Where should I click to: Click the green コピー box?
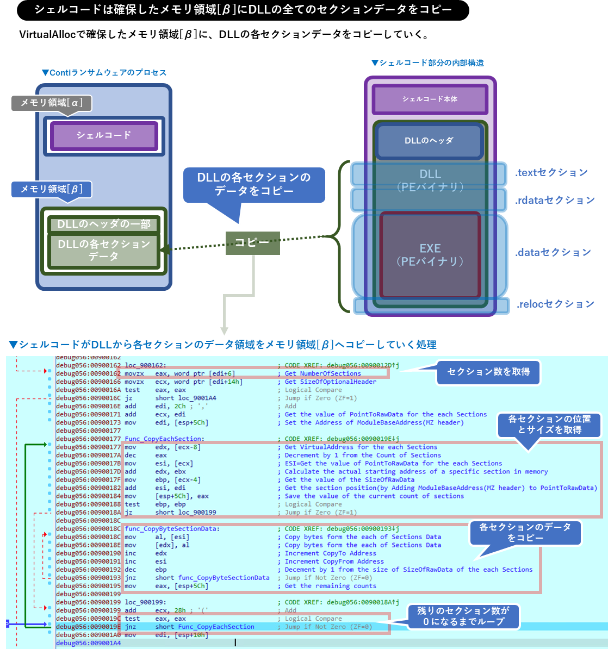click(x=252, y=242)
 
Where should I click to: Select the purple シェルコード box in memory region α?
click(x=104, y=135)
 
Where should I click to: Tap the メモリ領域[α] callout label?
click(x=51, y=103)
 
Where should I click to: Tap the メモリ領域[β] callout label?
click(x=51, y=189)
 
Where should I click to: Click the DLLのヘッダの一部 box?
click(x=104, y=224)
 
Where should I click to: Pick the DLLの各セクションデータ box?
click(x=104, y=251)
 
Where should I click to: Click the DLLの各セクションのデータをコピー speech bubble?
click(x=254, y=185)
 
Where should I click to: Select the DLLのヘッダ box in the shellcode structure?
click(x=429, y=141)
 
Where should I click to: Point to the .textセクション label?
click(x=551, y=173)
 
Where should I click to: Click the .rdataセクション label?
click(x=555, y=201)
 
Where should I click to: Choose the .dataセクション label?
click(x=553, y=252)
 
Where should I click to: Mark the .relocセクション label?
click(x=555, y=304)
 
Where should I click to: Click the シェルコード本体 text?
click(x=430, y=99)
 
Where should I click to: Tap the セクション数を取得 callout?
click(x=488, y=372)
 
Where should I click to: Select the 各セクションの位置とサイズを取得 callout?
click(x=549, y=425)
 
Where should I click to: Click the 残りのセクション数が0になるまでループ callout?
click(x=463, y=616)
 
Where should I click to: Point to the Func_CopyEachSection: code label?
click(x=164, y=439)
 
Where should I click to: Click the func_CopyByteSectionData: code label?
click(x=172, y=528)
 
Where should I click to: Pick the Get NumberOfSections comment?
click(x=322, y=373)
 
